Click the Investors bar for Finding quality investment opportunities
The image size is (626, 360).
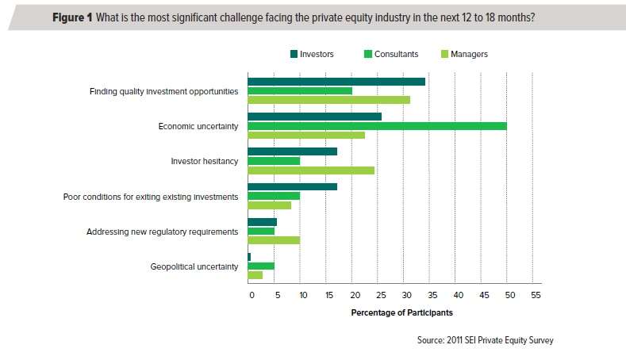click(336, 81)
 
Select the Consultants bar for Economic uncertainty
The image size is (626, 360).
click(377, 125)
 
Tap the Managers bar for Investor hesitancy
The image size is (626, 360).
click(311, 170)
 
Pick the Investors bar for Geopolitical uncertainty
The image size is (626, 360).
click(249, 257)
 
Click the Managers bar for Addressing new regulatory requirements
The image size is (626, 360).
click(274, 239)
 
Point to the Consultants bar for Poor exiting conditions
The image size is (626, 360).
click(274, 196)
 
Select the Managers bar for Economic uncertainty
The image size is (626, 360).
click(306, 135)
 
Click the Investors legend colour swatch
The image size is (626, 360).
click(294, 54)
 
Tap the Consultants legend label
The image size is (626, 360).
click(396, 54)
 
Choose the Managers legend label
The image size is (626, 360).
click(469, 54)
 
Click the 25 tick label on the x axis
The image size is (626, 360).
click(377, 295)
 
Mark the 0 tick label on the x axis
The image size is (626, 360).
click(251, 295)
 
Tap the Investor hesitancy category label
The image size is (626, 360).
click(205, 161)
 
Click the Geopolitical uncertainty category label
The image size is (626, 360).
click(194, 266)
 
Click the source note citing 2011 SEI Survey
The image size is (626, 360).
click(485, 340)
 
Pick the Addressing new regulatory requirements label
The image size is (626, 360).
click(162, 232)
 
